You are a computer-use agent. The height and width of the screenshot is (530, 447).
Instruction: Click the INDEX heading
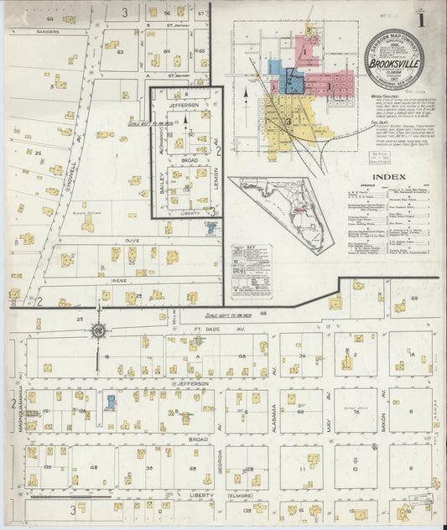389,177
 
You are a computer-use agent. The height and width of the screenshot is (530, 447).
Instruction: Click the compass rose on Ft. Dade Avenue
99,330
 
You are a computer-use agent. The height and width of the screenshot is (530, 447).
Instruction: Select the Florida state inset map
282,207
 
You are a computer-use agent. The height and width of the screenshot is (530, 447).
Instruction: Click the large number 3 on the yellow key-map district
287,121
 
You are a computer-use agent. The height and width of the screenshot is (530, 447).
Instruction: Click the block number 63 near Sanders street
120,52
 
